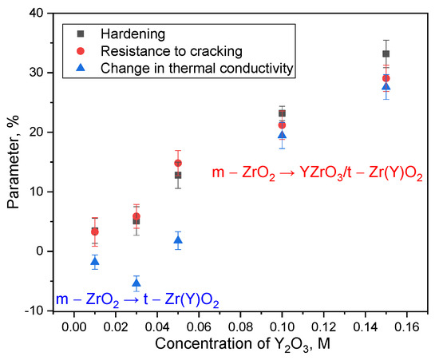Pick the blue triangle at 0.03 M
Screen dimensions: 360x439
coord(136,283)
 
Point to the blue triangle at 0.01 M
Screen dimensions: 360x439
coord(95,261)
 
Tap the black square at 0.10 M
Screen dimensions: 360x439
coord(282,113)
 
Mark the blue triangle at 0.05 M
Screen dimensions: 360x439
coord(178,240)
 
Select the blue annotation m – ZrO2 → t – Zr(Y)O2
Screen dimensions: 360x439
coord(137,300)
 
